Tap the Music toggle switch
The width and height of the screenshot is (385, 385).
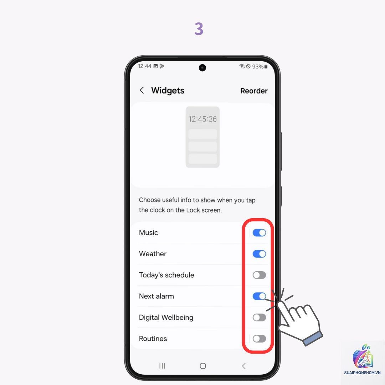(x=259, y=232)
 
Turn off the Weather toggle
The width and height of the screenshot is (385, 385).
(x=259, y=254)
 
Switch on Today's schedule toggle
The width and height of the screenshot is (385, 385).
(x=259, y=275)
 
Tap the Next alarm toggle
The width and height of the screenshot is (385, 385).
(x=259, y=296)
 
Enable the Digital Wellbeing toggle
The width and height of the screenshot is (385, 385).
(x=259, y=317)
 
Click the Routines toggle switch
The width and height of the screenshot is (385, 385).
(x=259, y=339)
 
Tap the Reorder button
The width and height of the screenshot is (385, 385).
(x=254, y=91)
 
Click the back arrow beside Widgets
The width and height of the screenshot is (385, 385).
(x=142, y=90)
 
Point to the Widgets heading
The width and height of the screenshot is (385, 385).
(x=168, y=91)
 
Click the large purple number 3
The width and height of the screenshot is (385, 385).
(x=199, y=29)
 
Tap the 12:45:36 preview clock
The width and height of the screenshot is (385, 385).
(x=202, y=119)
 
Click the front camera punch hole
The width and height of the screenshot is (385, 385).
(x=202, y=67)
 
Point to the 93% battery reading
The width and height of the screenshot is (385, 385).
(x=258, y=67)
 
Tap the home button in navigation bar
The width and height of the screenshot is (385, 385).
(x=203, y=366)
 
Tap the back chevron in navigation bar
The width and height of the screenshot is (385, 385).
(x=244, y=366)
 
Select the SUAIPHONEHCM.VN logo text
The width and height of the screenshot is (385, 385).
(x=362, y=373)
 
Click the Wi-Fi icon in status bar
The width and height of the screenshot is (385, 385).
(x=242, y=66)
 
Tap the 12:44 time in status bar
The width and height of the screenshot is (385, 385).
(x=144, y=66)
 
